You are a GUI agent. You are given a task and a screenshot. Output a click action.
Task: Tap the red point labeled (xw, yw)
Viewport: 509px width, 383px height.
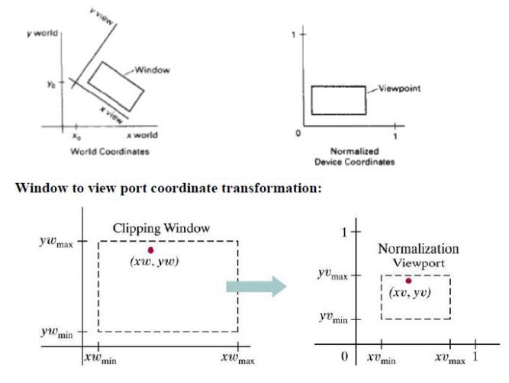click(x=151, y=250)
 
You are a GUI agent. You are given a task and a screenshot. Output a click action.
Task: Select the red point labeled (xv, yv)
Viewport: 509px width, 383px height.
click(x=408, y=281)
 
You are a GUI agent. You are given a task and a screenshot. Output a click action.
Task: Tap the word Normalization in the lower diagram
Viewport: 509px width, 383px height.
click(x=418, y=249)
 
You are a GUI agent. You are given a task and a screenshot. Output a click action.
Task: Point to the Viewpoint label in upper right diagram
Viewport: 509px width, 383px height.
click(x=400, y=89)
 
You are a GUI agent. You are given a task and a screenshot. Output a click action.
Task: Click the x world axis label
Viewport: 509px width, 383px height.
click(x=143, y=136)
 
